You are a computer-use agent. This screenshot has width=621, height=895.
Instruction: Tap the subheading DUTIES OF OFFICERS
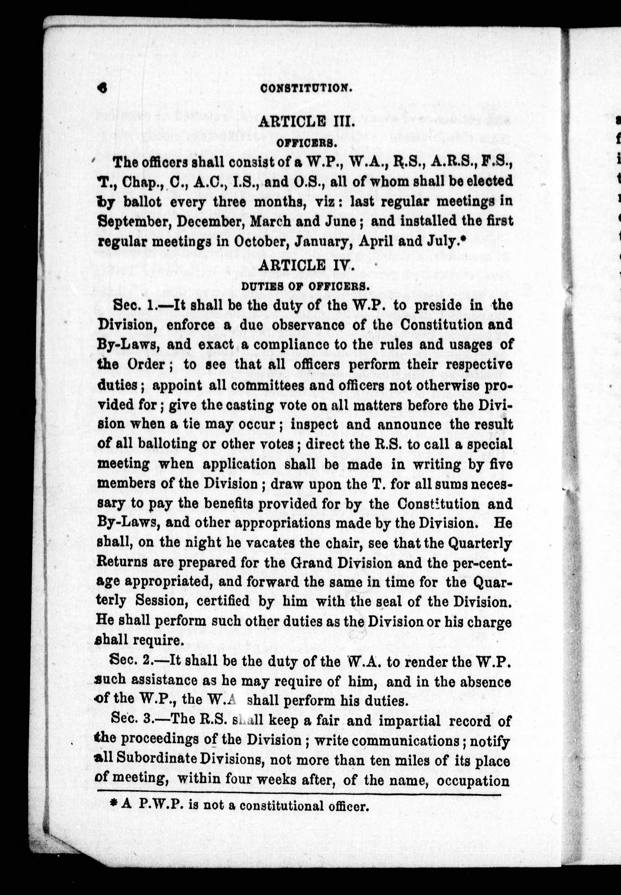pyautogui.click(x=305, y=287)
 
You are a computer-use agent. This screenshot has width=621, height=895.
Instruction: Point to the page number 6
pyautogui.click(x=103, y=88)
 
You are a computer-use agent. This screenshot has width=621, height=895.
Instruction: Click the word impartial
pyautogui.click(x=409, y=721)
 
